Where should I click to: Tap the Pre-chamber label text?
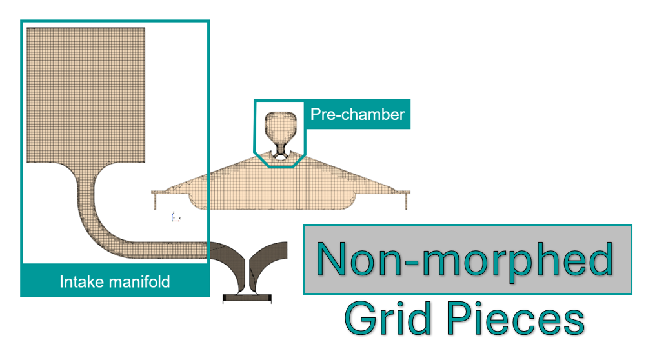357,115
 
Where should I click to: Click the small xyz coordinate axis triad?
175,217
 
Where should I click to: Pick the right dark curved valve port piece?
270,258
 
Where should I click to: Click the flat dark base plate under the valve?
248,299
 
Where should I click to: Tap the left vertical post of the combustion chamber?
155,201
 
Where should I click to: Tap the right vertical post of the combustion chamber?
405,201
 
